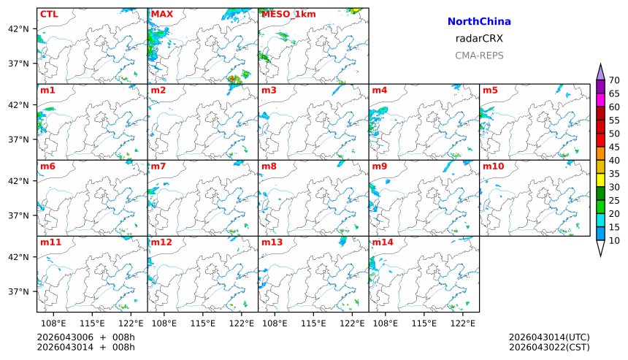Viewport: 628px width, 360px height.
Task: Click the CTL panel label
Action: pyautogui.click(x=49, y=14)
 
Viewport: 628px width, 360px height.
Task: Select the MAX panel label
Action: pyautogui.click(x=162, y=14)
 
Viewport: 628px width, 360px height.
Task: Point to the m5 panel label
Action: pyautogui.click(x=490, y=91)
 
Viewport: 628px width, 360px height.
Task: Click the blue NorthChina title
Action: pyautogui.click(x=479, y=22)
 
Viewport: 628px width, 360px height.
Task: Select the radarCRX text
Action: pyautogui.click(x=479, y=39)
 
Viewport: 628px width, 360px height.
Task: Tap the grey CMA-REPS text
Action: pyautogui.click(x=479, y=55)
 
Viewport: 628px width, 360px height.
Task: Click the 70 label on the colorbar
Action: pyautogui.click(x=614, y=80)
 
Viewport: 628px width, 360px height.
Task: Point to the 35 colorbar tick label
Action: pyautogui.click(x=614, y=174)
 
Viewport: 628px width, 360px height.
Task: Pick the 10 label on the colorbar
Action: pyautogui.click(x=614, y=240)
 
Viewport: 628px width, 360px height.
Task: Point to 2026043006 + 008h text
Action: pyautogui.click(x=86, y=337)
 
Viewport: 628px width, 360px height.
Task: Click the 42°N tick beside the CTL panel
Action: pyautogui.click(x=18, y=28)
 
